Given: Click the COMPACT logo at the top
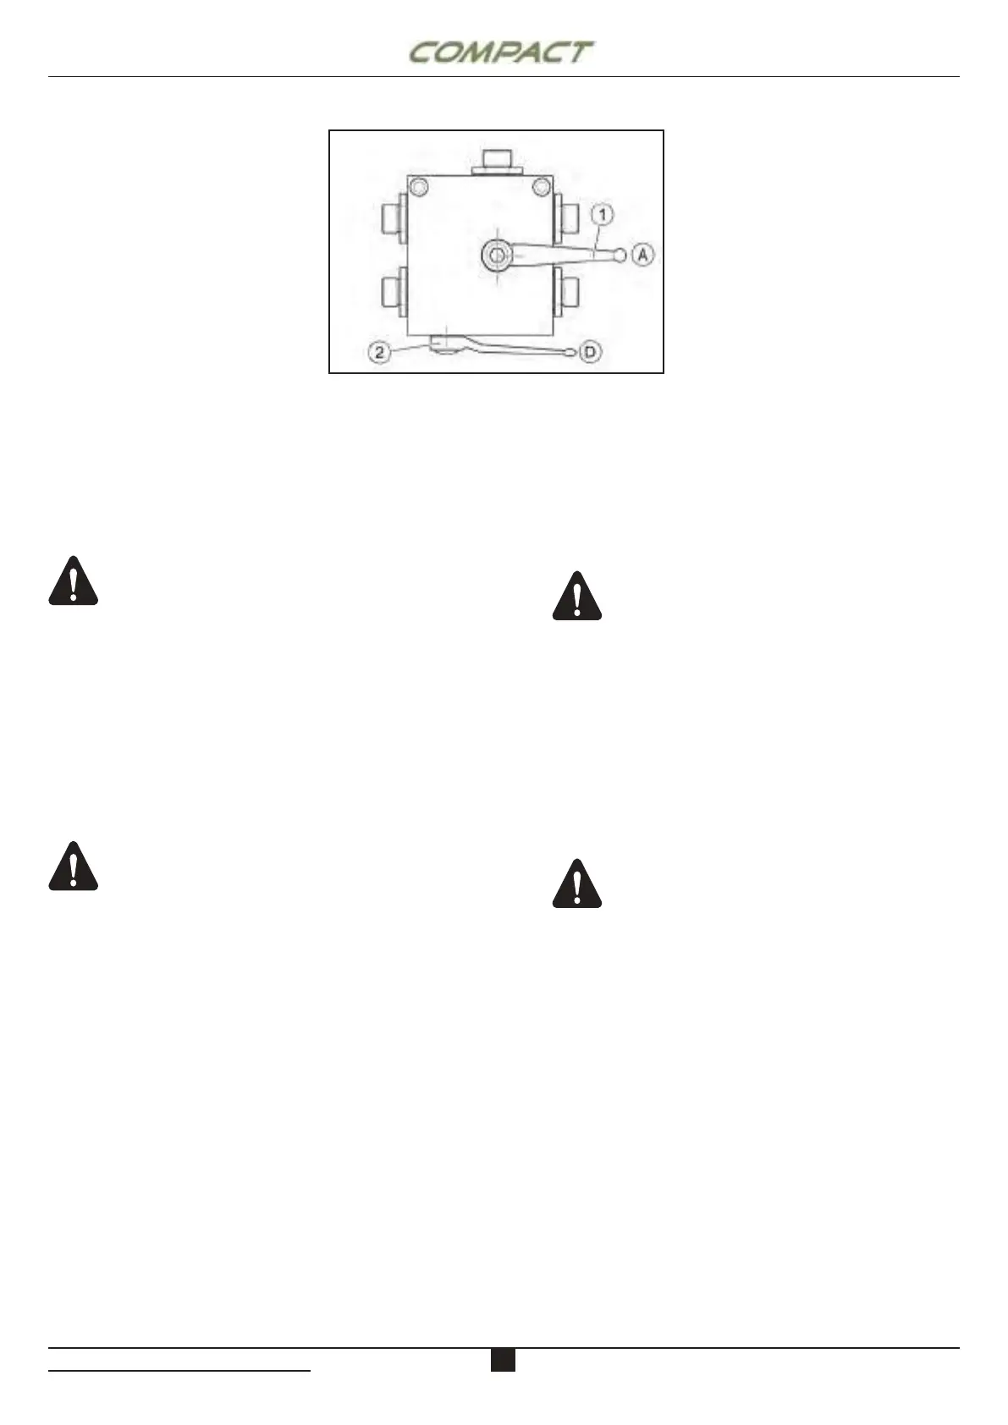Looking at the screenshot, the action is tap(499, 52).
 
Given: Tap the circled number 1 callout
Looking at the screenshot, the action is tap(602, 216).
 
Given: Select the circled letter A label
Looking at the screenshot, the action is tap(644, 254).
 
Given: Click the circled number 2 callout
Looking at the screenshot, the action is tap(380, 352).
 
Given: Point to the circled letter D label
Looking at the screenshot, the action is tap(591, 352).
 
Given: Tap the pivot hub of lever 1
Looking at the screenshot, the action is tap(498, 254).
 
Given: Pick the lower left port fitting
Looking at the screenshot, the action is tap(394, 291).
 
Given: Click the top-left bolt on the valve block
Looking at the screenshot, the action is tap(418, 186).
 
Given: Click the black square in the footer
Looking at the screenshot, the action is tap(503, 1359).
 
